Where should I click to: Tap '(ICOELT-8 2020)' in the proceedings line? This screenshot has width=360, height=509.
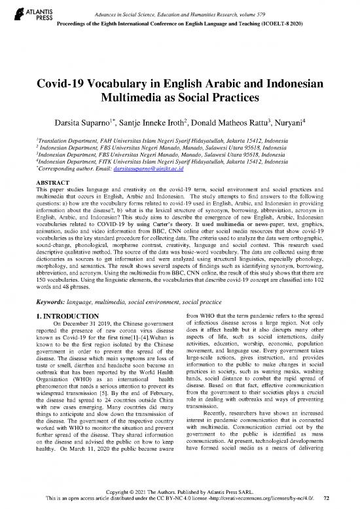310,17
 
